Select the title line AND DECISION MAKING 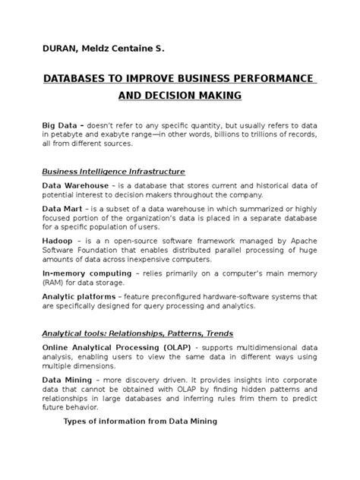(x=179, y=96)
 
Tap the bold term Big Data (x=62, y=124)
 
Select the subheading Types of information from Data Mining (x=140, y=421)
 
